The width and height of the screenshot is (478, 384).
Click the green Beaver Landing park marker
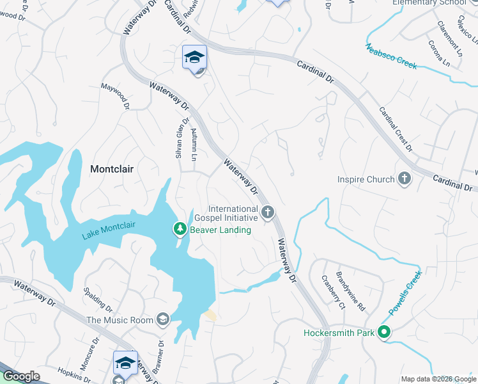181,228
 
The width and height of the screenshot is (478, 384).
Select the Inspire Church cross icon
404,179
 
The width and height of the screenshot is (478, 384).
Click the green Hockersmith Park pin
384,333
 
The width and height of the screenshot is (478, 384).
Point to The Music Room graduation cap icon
164,319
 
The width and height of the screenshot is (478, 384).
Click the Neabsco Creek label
390,56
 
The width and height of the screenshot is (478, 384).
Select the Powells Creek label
403,298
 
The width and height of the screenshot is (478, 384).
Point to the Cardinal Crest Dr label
396,129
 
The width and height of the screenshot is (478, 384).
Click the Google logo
22,376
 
